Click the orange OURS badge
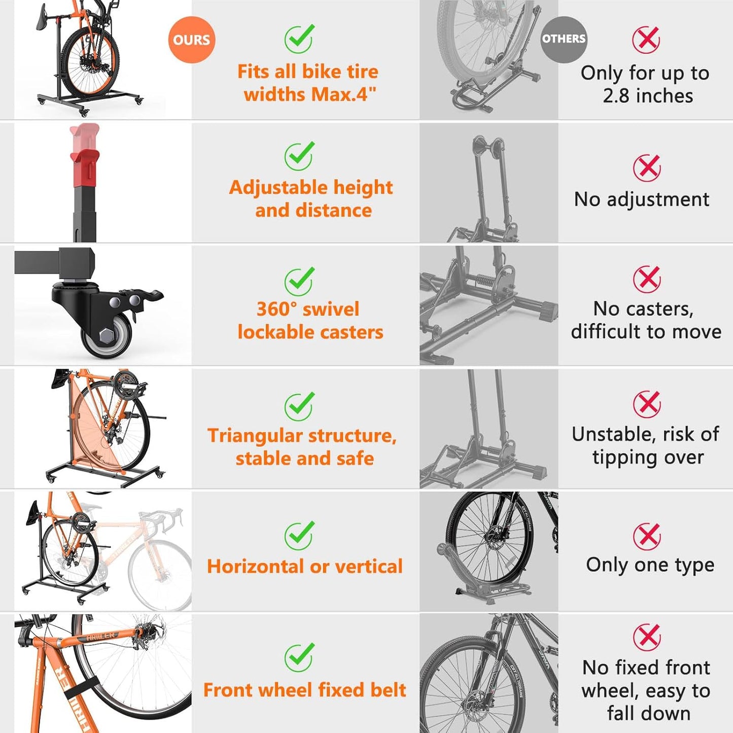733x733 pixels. pyautogui.click(x=191, y=40)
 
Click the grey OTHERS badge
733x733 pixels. pyautogui.click(x=564, y=39)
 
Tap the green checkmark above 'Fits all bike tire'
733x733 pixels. pyautogui.click(x=299, y=39)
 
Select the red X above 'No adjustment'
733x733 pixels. pyautogui.click(x=647, y=168)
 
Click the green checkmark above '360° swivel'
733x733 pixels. pyautogui.click(x=299, y=282)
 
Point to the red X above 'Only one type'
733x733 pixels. pyautogui.click(x=647, y=536)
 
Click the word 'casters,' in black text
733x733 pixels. pyautogui.click(x=668, y=308)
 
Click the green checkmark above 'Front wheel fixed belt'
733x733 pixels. pyautogui.click(x=299, y=657)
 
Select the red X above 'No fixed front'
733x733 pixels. pyautogui.click(x=647, y=637)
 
